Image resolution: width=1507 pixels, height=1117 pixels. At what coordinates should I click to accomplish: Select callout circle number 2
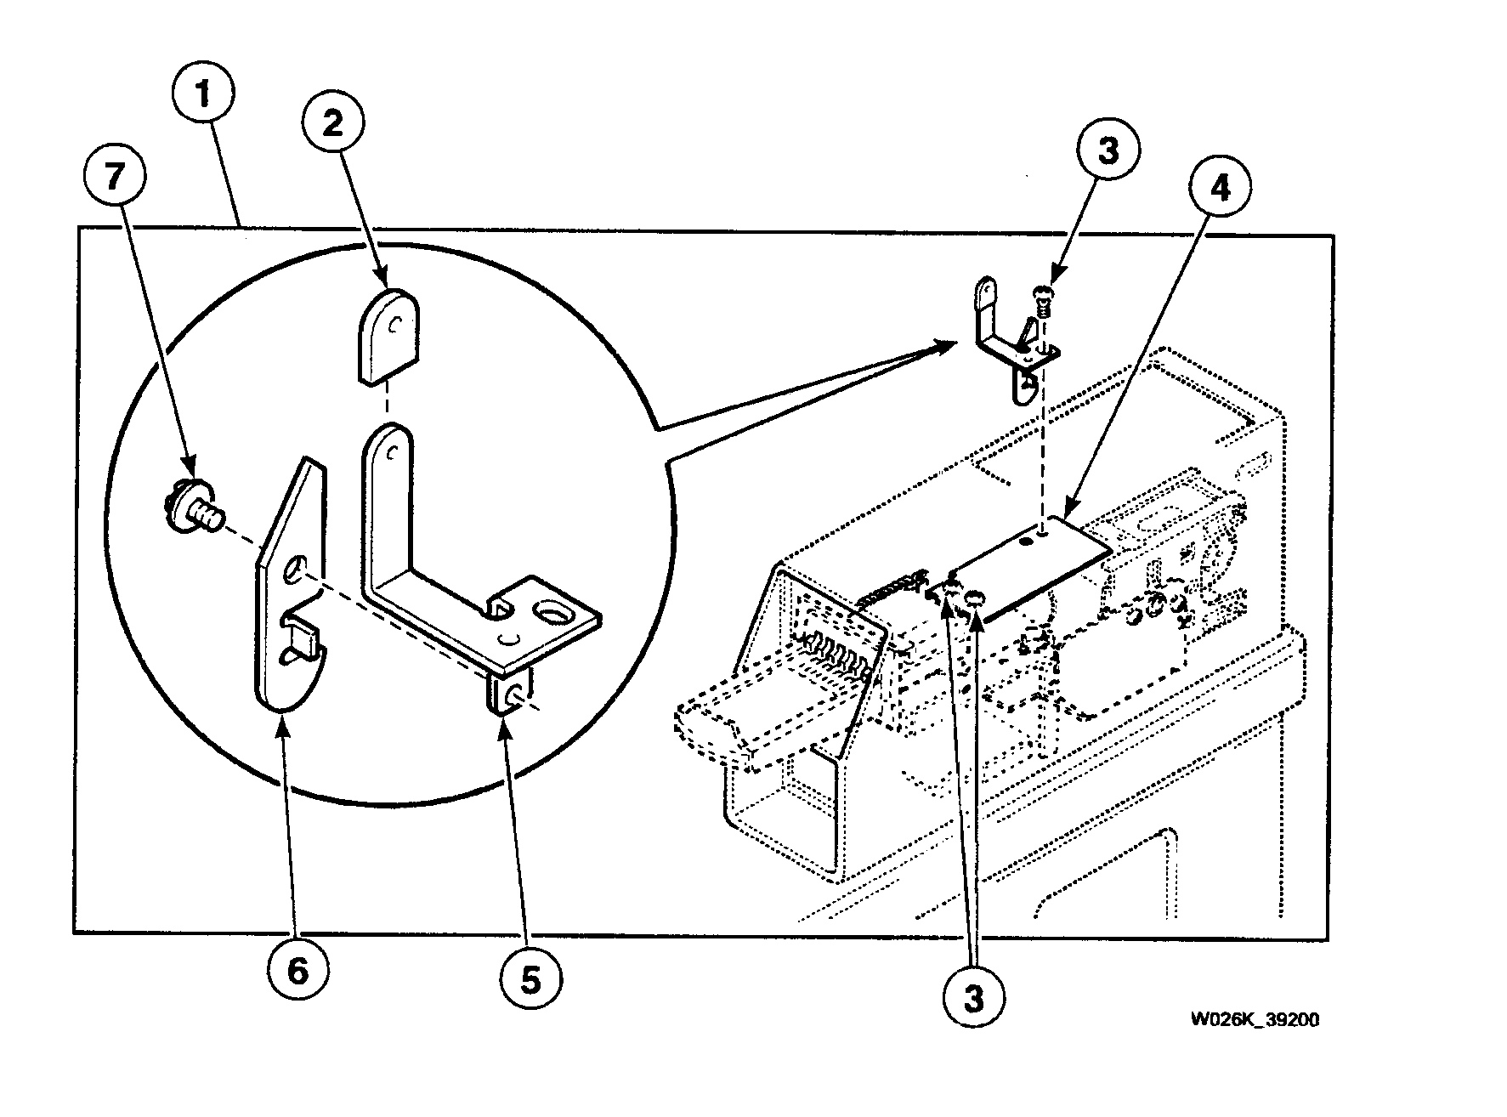coord(332,124)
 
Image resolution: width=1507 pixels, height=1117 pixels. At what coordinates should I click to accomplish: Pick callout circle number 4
coord(1221,190)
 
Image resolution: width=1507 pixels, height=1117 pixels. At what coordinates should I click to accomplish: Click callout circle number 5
coord(530,980)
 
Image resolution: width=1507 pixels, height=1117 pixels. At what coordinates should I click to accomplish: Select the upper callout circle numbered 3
coord(1108,151)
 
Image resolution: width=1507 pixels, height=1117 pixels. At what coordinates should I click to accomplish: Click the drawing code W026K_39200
coord(1254,1020)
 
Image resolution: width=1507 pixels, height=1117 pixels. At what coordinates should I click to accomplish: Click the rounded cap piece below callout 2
coord(388,335)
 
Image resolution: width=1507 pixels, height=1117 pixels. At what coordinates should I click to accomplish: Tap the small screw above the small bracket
coord(1041,299)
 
